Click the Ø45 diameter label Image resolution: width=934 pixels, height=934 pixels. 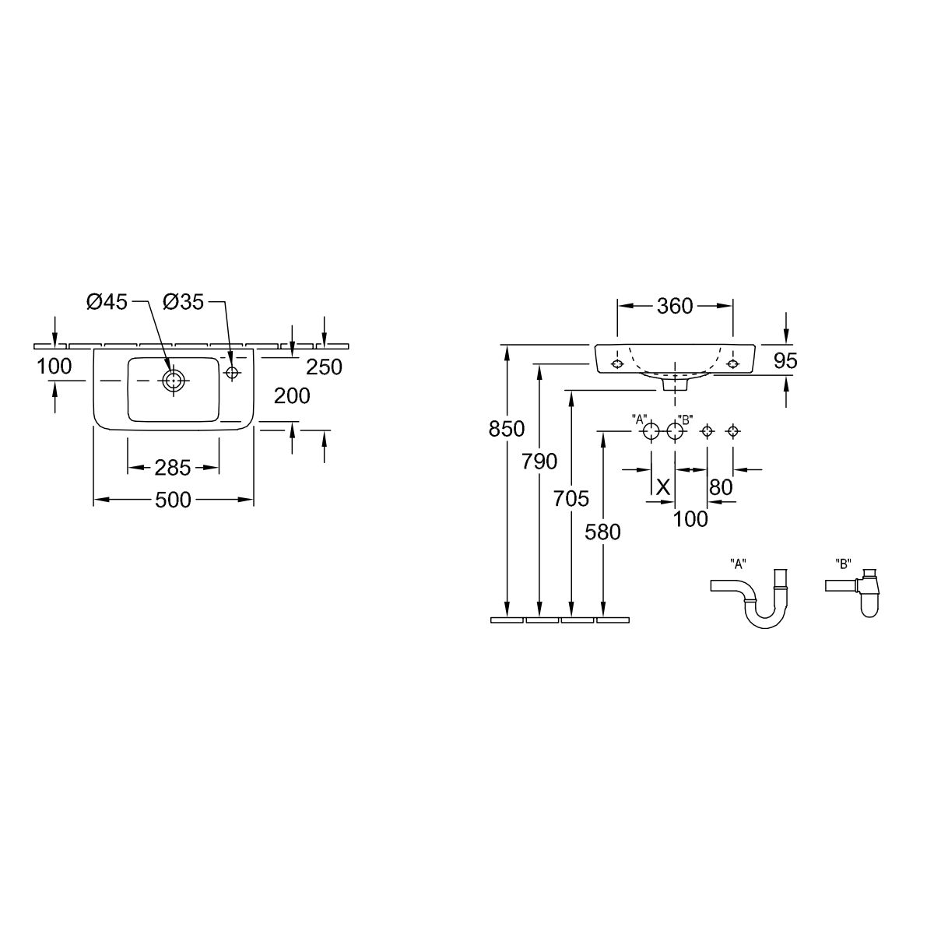point(107,303)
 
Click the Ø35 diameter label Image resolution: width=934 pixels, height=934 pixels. point(184,303)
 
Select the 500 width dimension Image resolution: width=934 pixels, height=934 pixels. point(173,500)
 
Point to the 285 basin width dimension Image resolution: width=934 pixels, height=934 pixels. point(173,468)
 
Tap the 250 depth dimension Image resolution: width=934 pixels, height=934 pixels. point(325,367)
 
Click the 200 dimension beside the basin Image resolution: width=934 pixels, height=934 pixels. point(292,396)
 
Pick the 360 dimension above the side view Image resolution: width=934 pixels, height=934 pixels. point(675,306)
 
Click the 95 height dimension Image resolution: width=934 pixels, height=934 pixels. point(785,360)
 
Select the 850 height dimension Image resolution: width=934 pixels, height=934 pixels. point(507,429)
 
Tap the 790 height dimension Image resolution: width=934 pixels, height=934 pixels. point(539,462)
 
